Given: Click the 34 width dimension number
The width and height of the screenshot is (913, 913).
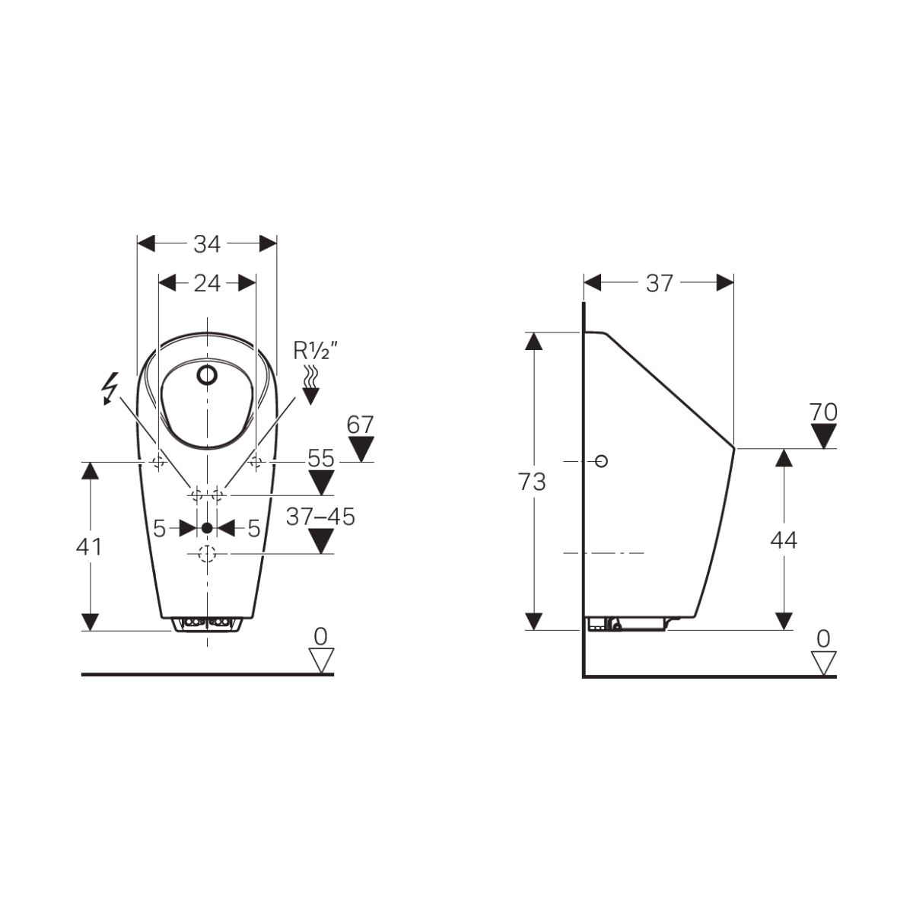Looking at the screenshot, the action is point(207,244).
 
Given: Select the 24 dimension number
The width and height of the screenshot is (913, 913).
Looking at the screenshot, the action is point(207,283).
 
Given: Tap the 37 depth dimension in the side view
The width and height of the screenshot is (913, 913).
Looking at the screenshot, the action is point(660,283).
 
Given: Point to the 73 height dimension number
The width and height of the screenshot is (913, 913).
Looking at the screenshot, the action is point(532,482).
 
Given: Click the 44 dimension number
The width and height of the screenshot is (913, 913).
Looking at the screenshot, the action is point(784,540).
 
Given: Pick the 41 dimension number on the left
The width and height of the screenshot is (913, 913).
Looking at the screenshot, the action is point(89,547).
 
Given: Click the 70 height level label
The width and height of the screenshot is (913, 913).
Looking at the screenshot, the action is point(823,412).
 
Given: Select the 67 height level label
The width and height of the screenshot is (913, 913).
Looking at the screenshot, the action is point(360,425).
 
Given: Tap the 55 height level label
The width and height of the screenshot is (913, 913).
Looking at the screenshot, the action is point(321,458).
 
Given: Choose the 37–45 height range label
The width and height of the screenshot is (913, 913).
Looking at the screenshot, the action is point(321,517).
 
